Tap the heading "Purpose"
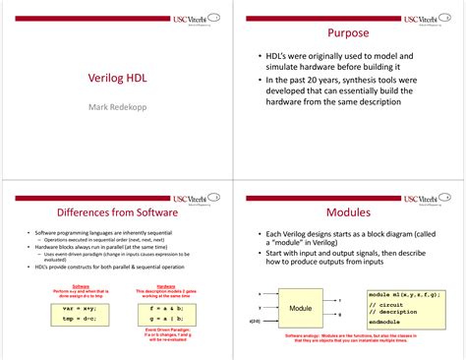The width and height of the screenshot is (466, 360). pos(348,33)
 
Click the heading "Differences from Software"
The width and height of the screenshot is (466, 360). pos(116,211)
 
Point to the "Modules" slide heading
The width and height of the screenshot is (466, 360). pos(348,211)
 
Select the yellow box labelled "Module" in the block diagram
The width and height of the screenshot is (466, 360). pos(300,308)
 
